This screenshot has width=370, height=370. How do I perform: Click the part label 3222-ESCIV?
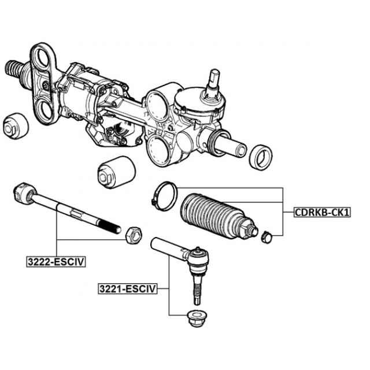pos(56,261)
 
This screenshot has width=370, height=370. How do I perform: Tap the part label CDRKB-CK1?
pos(322,212)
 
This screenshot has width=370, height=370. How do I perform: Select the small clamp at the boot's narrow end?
pos(267,236)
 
